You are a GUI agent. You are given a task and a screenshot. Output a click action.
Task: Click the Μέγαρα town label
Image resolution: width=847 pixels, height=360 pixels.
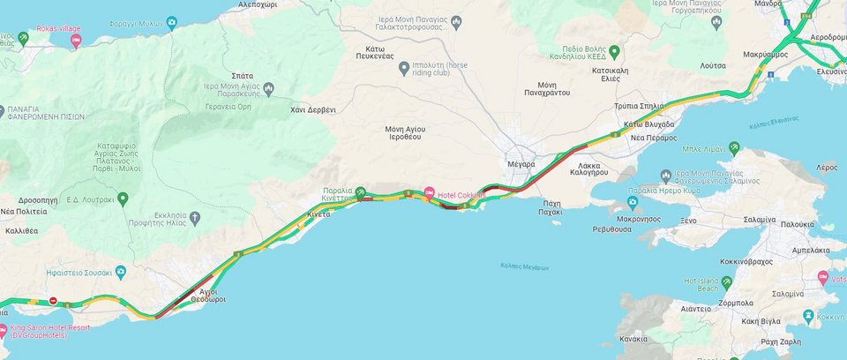(x=522, y=165)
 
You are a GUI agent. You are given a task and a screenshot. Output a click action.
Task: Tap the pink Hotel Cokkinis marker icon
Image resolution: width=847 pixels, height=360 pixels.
(x=430, y=193)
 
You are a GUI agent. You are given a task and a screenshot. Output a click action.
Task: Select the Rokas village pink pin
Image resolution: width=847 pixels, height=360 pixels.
(x=76, y=41)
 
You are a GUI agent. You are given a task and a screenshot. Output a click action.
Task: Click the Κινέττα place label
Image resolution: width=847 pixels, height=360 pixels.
(x=319, y=214)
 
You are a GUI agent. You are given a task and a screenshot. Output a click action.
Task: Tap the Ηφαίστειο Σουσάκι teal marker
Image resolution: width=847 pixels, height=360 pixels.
(x=121, y=270)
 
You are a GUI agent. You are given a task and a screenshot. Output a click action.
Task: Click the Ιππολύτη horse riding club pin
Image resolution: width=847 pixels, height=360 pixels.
(x=403, y=67)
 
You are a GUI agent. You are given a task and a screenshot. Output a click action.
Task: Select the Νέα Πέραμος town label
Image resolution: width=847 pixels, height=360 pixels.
(x=654, y=138)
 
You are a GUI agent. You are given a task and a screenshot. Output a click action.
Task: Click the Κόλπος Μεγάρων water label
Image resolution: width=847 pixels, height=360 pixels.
(x=524, y=266)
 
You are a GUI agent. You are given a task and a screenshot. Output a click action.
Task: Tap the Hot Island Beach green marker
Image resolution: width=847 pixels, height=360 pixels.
(x=726, y=282)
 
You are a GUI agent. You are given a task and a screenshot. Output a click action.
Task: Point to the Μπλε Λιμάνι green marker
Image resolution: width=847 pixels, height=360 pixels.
(x=733, y=149)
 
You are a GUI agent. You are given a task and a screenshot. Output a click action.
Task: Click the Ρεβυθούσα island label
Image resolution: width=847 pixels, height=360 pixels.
(x=611, y=229)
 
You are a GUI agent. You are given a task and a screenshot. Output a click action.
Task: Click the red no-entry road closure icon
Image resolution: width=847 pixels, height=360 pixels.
(x=53, y=301)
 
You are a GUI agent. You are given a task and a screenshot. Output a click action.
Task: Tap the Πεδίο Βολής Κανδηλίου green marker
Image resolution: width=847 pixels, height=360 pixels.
(x=614, y=50)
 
